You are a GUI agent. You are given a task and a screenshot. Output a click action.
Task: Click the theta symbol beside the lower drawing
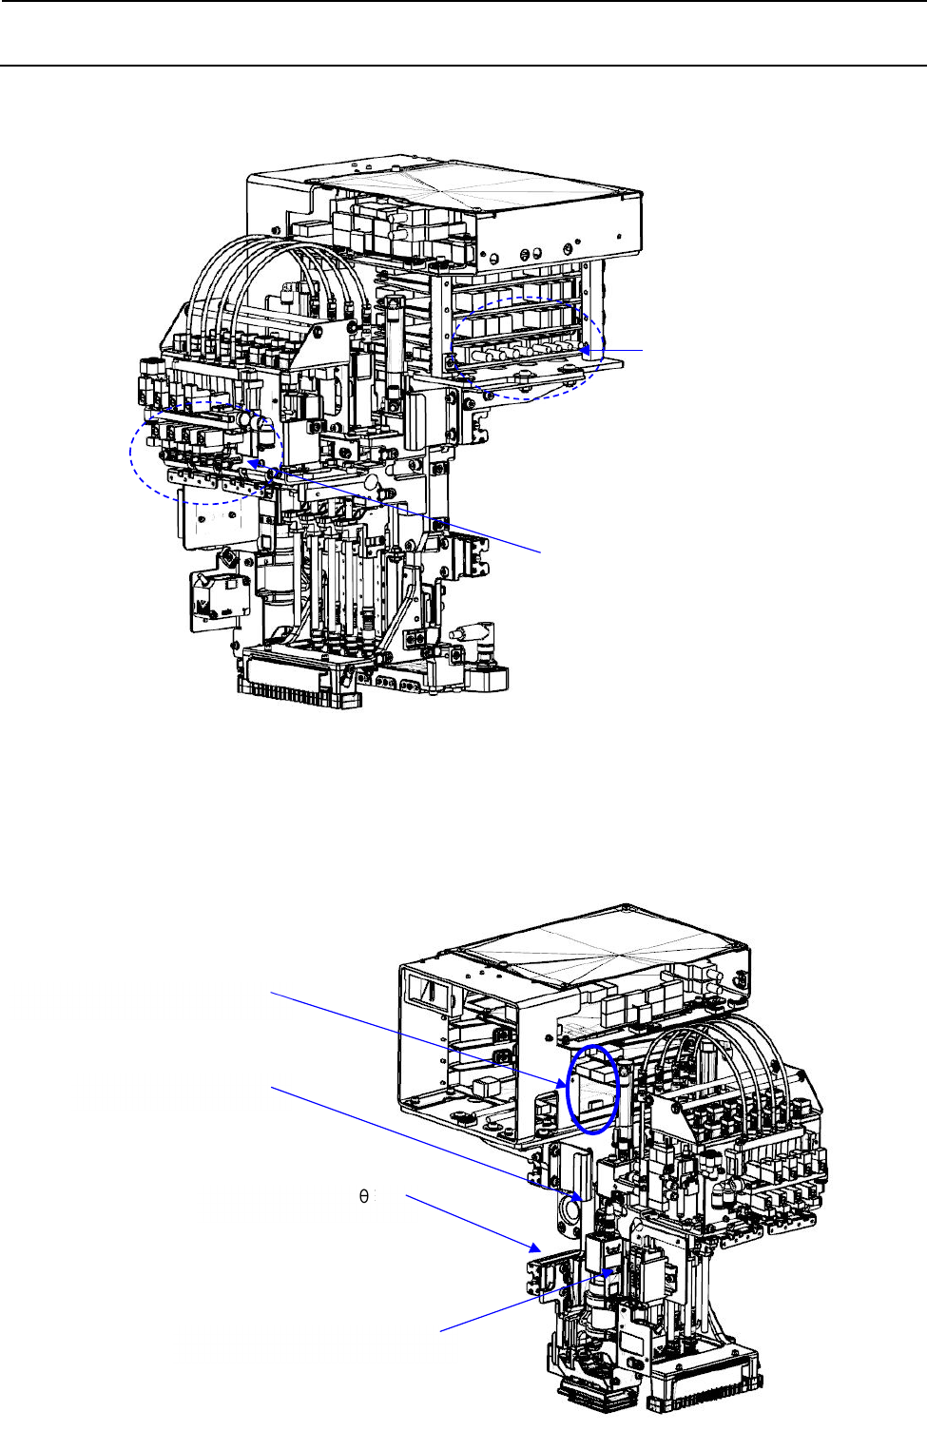[363, 1196]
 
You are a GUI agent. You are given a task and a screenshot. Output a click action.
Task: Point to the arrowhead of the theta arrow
[535, 1247]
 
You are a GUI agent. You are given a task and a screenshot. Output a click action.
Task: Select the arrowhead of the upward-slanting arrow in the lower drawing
[609, 1273]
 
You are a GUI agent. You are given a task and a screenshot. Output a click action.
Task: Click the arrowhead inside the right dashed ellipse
[584, 350]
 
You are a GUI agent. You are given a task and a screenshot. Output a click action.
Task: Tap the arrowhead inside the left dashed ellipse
[252, 463]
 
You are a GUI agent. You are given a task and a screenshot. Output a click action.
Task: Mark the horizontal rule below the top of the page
[463, 66]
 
